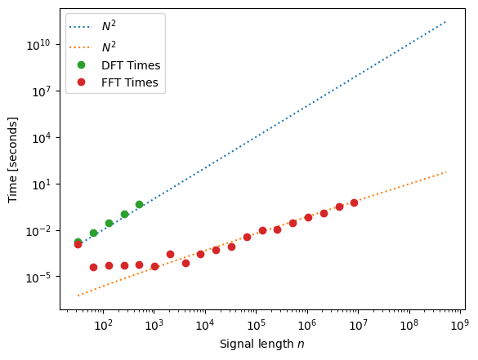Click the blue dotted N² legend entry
108,26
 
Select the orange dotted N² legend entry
108,46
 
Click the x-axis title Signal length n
261,344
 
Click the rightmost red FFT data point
354,202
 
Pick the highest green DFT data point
140,204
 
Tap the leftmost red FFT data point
78,244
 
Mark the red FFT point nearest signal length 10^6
308,217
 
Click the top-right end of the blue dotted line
445,22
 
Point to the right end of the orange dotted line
445,172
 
